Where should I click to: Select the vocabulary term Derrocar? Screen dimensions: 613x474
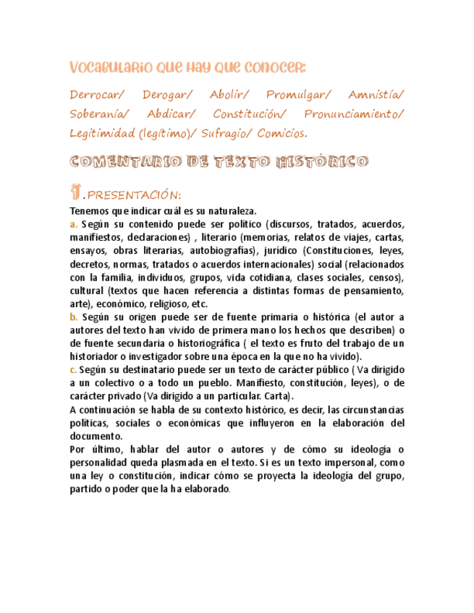(x=97, y=96)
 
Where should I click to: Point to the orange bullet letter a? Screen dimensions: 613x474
(x=72, y=224)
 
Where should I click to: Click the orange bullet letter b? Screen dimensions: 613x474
(x=72, y=317)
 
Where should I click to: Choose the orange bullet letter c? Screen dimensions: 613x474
(x=72, y=370)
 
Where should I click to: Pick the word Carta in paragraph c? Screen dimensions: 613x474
(x=279, y=397)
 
